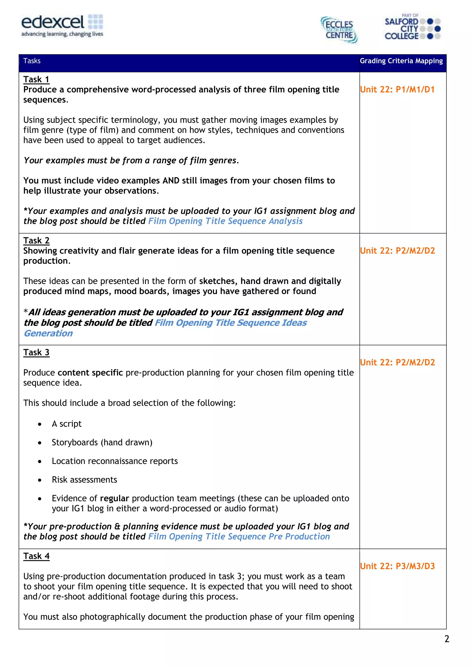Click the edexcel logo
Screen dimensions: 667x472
point(62,26)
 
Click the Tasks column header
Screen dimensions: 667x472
point(32,61)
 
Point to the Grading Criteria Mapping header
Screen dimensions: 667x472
point(401,61)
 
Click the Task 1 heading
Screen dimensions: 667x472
point(36,79)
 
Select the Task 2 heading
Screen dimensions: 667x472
point(36,241)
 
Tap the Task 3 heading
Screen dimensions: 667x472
point(36,352)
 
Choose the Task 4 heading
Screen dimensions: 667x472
point(36,556)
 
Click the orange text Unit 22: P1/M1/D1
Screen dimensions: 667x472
point(397,90)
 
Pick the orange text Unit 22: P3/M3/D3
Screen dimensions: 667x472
point(397,566)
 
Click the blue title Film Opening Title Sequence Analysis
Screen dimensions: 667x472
point(225,221)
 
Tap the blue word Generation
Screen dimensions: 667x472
point(48,333)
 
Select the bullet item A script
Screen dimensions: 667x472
point(67,424)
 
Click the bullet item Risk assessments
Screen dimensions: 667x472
point(84,480)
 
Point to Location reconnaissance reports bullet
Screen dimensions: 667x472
point(115,461)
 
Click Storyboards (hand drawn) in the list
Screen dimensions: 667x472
point(102,442)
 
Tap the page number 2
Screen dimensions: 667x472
point(447,639)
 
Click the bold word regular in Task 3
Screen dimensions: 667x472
point(114,498)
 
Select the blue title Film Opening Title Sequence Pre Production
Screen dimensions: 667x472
point(239,536)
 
